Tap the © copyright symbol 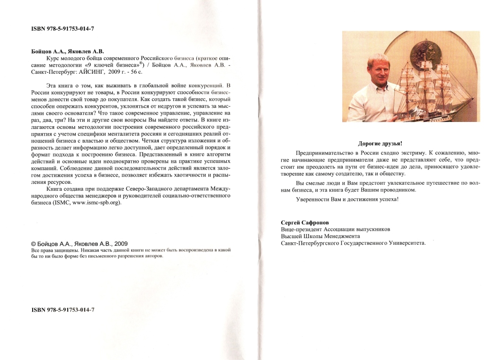(33, 244)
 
